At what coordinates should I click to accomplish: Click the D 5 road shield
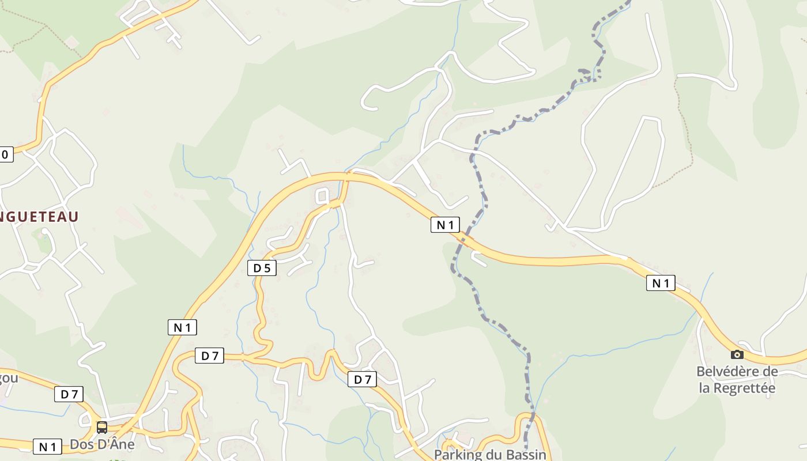click(262, 268)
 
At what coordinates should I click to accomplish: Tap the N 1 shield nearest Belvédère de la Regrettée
click(661, 283)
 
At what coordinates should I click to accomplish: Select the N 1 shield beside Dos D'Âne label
click(47, 447)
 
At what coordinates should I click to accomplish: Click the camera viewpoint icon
click(737, 354)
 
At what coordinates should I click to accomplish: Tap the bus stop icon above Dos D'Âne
click(102, 427)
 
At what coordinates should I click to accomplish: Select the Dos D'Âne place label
click(102, 444)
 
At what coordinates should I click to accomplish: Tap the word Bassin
click(525, 454)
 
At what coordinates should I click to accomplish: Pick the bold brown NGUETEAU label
click(39, 217)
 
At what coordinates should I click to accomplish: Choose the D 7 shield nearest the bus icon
click(69, 394)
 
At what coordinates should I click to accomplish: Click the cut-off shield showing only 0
click(6, 154)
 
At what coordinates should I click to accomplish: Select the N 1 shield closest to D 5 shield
click(182, 327)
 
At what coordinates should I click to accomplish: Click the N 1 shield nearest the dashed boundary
click(445, 225)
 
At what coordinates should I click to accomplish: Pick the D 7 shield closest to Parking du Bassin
click(363, 379)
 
